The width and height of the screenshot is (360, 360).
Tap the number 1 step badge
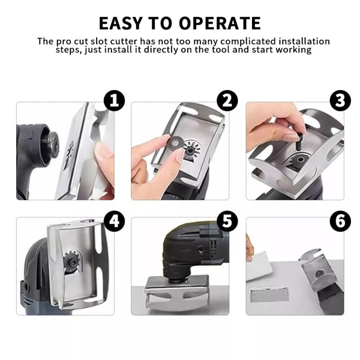(114, 102)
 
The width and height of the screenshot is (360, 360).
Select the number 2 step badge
(227, 102)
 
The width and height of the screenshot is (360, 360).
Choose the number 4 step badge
(114, 221)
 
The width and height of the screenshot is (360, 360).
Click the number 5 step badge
(227, 221)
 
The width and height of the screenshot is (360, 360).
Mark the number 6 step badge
(340, 221)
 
